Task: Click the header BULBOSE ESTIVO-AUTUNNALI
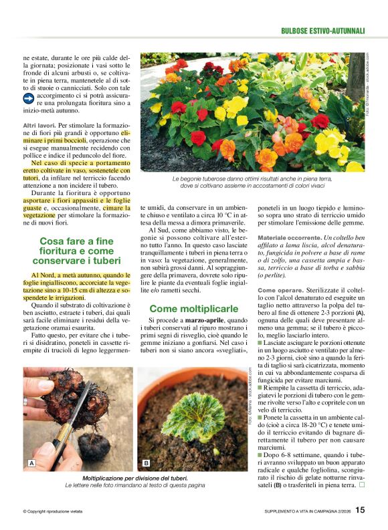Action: pos(322,31)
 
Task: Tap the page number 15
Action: pos(360,510)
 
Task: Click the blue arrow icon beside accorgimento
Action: pos(29,98)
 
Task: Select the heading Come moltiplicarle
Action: pos(193,309)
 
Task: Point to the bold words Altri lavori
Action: pos(39,126)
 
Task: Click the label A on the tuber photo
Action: pos(31,463)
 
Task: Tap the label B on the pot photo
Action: pos(146,463)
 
